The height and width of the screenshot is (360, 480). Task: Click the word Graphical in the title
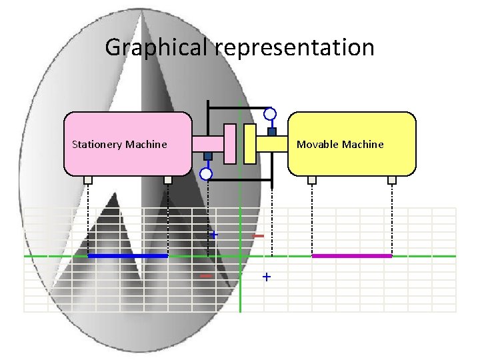(157, 47)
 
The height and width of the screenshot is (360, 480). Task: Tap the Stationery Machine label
(119, 144)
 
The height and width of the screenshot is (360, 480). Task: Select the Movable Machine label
(340, 144)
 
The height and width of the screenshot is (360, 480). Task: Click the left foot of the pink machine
(88, 179)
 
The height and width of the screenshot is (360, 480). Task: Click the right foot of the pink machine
(168, 179)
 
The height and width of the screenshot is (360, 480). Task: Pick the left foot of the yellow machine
(312, 179)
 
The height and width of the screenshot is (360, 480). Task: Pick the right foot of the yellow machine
(392, 179)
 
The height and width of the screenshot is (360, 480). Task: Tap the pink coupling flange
(231, 143)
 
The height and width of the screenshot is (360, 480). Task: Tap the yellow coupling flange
(250, 143)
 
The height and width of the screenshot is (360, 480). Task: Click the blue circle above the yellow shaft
(270, 113)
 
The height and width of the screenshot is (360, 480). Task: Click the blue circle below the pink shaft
(207, 174)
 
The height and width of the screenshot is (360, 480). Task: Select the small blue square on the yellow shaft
(272, 131)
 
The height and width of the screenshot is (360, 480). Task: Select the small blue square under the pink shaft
(208, 156)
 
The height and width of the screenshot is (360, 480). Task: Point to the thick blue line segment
(128, 256)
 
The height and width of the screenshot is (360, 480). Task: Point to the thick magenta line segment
(352, 256)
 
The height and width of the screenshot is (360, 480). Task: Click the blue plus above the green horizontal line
(214, 235)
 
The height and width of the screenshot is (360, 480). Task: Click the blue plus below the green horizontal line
(267, 276)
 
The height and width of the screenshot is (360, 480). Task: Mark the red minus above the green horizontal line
(259, 236)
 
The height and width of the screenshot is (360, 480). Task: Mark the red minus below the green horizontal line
(206, 275)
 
